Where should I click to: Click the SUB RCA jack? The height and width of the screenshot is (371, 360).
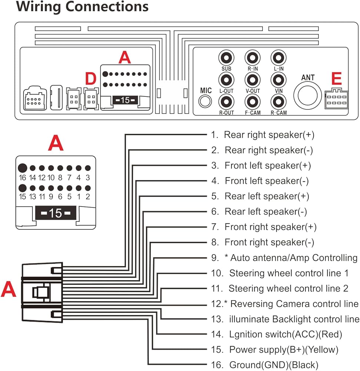click(227, 58)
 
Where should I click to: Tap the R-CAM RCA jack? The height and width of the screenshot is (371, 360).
click(278, 102)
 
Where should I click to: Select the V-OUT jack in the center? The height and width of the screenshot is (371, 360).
click(252, 80)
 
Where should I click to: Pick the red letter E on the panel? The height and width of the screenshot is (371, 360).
click(336, 79)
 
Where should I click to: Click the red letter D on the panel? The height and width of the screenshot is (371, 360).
click(91, 78)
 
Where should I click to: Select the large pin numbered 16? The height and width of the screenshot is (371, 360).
click(23, 168)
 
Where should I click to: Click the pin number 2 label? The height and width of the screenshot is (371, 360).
click(88, 197)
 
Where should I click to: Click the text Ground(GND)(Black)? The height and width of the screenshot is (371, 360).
click(274, 365)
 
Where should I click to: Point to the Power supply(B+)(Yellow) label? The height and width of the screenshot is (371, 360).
click(284, 349)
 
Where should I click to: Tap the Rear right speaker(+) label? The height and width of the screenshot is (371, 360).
click(269, 135)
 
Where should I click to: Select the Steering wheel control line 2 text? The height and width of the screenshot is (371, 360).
click(288, 288)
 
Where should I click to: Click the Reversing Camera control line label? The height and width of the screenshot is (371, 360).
click(294, 304)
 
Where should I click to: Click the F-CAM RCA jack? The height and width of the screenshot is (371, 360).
click(252, 102)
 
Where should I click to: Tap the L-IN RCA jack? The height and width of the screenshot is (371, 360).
click(278, 58)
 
